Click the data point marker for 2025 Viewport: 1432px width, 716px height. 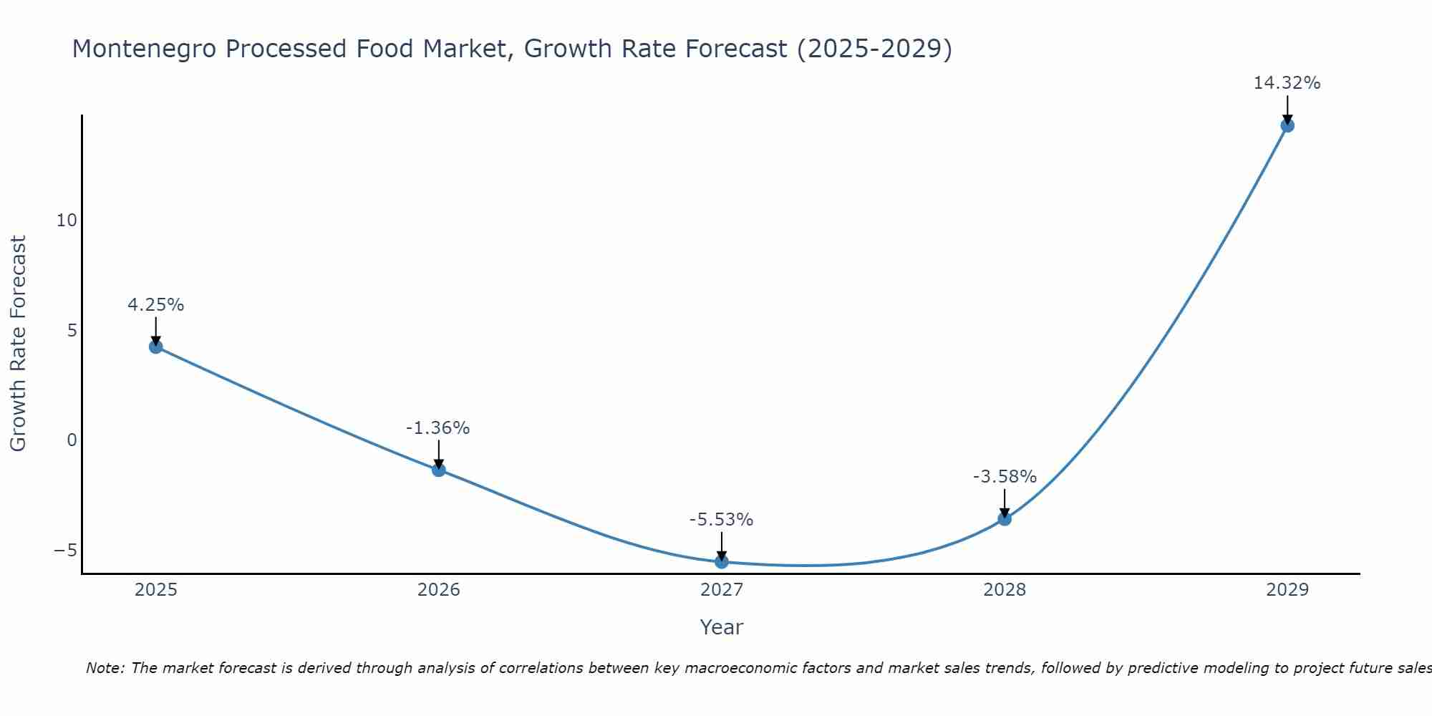point(156,347)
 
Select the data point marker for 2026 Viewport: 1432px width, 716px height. point(439,470)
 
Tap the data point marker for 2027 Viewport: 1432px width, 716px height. point(722,562)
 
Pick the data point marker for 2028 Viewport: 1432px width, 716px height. point(1005,519)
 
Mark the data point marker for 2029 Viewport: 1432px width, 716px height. point(1287,126)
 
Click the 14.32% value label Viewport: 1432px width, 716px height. point(1287,83)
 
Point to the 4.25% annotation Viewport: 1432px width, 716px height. point(156,305)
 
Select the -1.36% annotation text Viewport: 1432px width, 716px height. point(437,428)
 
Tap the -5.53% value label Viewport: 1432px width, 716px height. point(721,520)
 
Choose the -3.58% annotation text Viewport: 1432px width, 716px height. point(1005,477)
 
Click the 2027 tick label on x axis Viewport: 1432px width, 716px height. point(722,590)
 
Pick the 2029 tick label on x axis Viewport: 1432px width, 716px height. point(1287,590)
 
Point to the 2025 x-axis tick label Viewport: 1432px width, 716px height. point(156,590)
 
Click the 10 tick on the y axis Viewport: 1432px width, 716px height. point(67,221)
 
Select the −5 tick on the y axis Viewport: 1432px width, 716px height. point(65,551)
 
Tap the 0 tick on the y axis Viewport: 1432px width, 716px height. point(72,440)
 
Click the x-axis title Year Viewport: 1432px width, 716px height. point(722,627)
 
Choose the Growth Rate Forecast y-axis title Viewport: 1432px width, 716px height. point(18,344)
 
